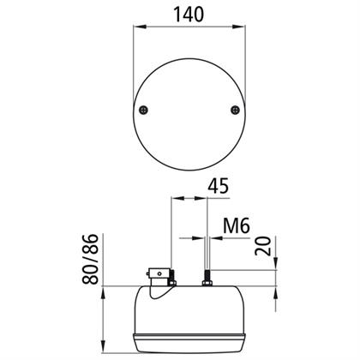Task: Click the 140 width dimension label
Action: coord(189,15)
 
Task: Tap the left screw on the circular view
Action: coord(143,110)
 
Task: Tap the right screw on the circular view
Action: coord(235,110)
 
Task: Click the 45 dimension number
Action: coord(219,186)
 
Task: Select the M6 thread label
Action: coord(237,225)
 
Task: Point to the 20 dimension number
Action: coord(263,246)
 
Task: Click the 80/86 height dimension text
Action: coord(90,259)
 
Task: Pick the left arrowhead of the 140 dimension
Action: coord(140,27)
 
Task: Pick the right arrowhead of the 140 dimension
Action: coord(238,27)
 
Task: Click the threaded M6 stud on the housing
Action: coord(207,276)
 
